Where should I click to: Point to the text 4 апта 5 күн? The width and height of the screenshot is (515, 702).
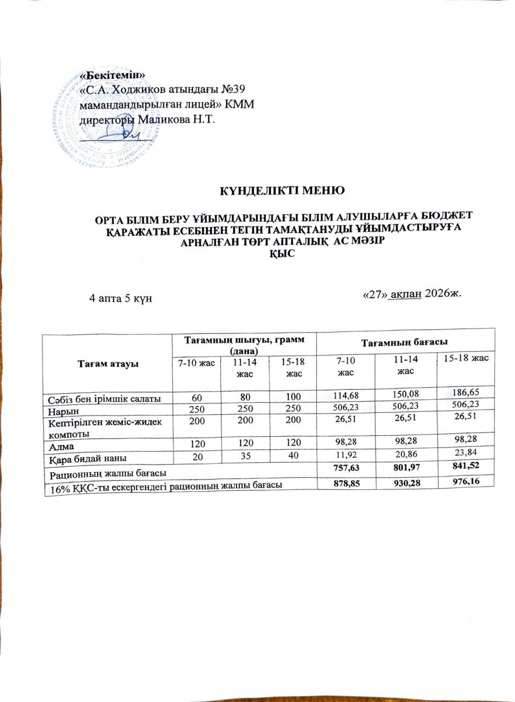pos(121,298)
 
